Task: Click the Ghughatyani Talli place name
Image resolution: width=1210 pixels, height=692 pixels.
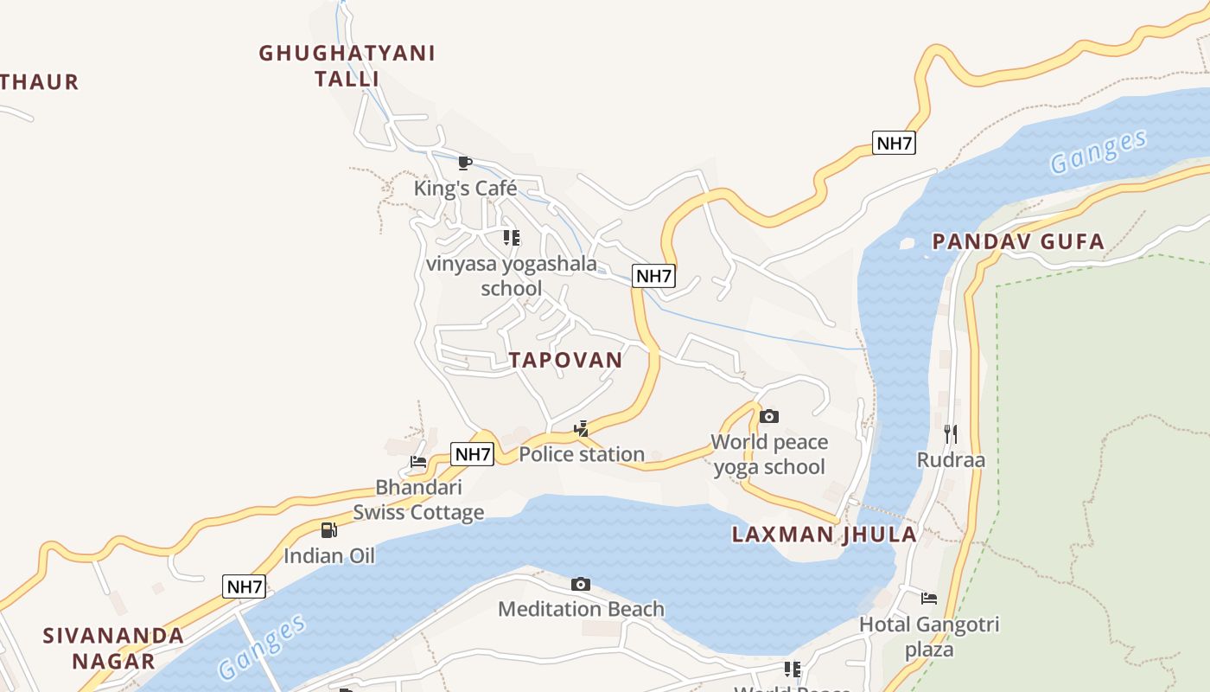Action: (347, 66)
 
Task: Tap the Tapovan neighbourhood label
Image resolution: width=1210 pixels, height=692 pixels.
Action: (565, 360)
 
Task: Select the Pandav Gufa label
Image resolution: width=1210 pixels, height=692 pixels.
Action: (1018, 242)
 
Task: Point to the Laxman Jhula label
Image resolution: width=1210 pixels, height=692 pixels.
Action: (824, 534)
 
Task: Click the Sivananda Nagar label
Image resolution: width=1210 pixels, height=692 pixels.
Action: (113, 648)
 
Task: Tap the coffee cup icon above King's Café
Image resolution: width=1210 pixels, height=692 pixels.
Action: (464, 163)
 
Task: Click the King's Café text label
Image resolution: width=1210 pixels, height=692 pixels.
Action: (465, 188)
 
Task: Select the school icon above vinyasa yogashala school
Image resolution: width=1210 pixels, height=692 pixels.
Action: (512, 237)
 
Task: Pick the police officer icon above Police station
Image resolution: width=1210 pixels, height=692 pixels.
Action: (582, 428)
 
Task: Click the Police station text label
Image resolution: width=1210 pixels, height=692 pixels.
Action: (582, 454)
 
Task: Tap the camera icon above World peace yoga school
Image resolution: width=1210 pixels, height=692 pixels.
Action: (768, 417)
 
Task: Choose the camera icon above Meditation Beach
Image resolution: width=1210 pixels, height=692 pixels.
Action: (581, 585)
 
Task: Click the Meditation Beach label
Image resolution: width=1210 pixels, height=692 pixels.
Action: (581, 609)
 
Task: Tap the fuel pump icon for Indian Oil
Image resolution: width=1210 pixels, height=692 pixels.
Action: (328, 530)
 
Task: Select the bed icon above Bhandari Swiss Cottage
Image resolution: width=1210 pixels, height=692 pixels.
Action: (418, 462)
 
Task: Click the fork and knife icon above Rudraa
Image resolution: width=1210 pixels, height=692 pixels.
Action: (951, 433)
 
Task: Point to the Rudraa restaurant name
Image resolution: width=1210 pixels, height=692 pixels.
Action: (951, 459)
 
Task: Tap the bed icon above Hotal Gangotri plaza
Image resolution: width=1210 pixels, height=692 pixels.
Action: (929, 598)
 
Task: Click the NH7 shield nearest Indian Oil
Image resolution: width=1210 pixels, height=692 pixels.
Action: (244, 586)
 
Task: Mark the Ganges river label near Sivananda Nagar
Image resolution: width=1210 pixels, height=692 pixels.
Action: (262, 647)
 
